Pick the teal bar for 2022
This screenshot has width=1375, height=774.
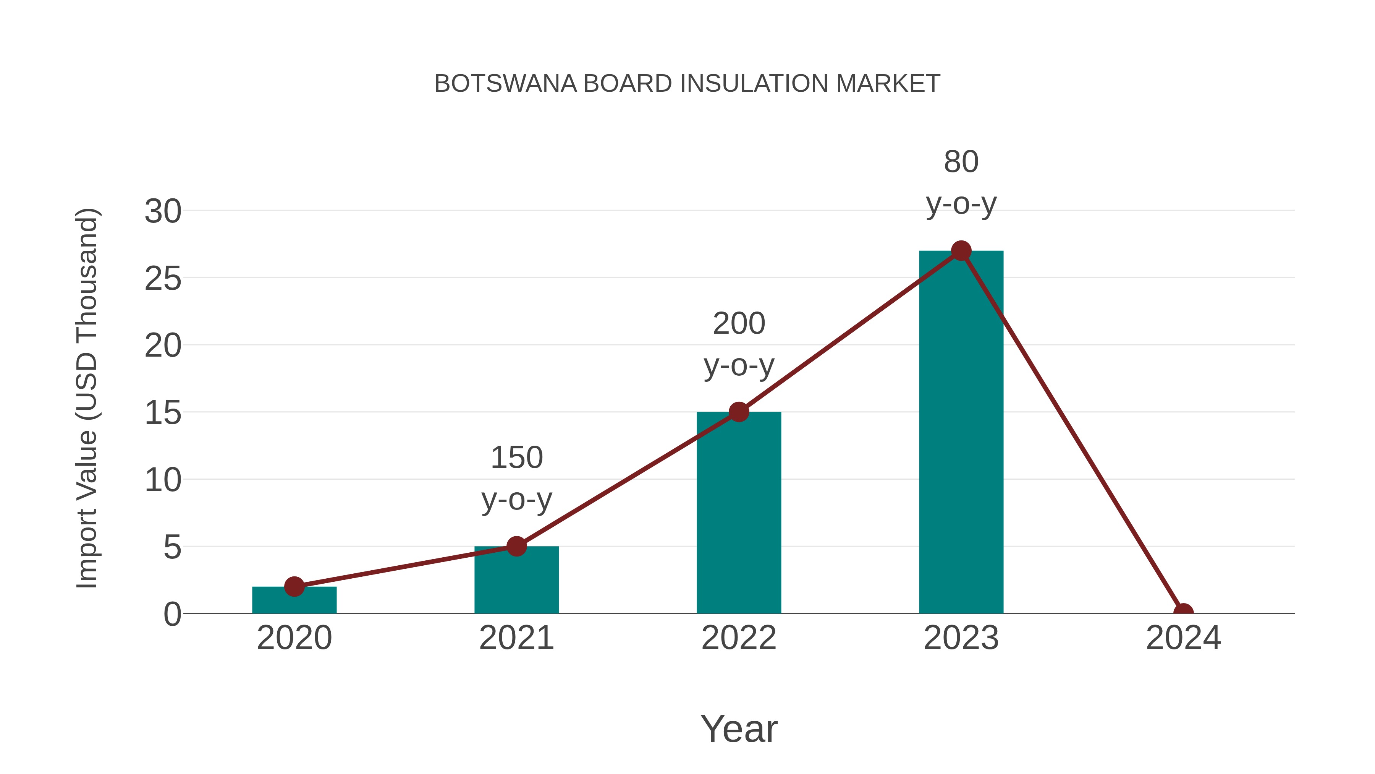pyautogui.click(x=739, y=513)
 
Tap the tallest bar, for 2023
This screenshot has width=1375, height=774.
pyautogui.click(x=961, y=433)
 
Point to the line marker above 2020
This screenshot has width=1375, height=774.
pyautogui.click(x=294, y=586)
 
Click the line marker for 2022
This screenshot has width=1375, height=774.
pyautogui.click(x=739, y=412)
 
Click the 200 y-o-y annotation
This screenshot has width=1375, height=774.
pyautogui.click(x=739, y=344)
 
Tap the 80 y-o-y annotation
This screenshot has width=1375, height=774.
pyautogui.click(x=961, y=182)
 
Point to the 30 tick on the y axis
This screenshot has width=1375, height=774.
pyautogui.click(x=163, y=211)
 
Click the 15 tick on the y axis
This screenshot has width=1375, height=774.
pyautogui.click(x=163, y=413)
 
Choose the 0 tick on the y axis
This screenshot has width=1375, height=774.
pyautogui.click(x=172, y=614)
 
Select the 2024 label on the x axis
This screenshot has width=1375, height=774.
pyautogui.click(x=1183, y=638)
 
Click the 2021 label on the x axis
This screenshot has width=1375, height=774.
pyautogui.click(x=516, y=638)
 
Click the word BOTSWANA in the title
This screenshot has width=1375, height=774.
pyautogui.click(x=505, y=84)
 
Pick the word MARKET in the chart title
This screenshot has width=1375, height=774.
pyautogui.click(x=888, y=84)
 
